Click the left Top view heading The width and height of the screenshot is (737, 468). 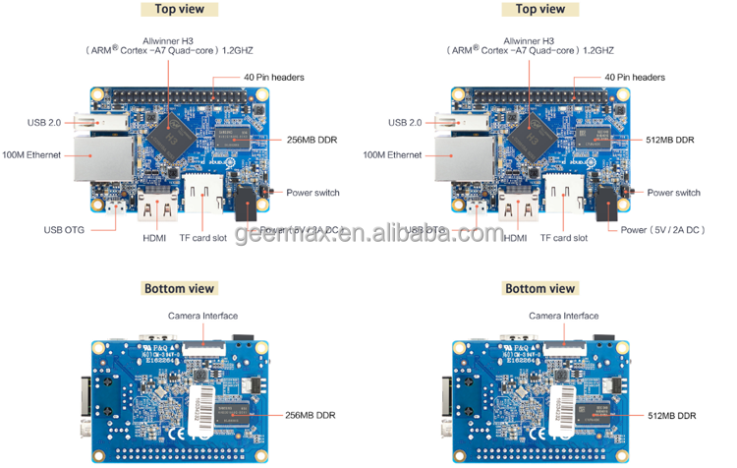(x=179, y=10)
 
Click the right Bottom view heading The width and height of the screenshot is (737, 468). (x=539, y=289)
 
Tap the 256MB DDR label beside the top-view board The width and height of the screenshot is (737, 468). (x=312, y=140)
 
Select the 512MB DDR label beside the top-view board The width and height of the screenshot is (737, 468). (x=672, y=140)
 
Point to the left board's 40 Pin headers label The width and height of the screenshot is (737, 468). (x=274, y=78)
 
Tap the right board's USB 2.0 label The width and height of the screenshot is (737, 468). (x=405, y=123)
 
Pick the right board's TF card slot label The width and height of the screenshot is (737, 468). (x=564, y=238)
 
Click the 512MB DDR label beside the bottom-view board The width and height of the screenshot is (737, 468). (x=672, y=415)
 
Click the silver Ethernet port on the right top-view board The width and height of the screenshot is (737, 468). (x=456, y=157)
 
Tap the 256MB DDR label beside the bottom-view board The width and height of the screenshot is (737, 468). (x=312, y=415)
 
